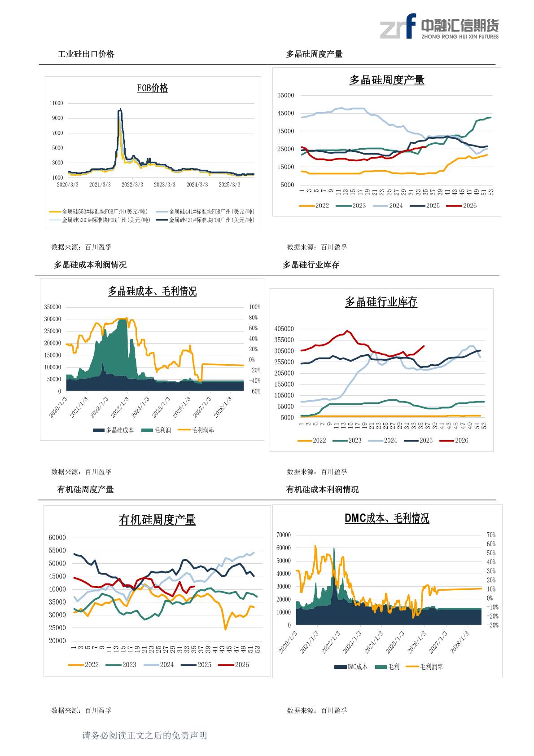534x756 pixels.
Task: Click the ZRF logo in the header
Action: tap(398, 27)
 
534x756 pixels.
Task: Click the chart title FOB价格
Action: tap(153, 88)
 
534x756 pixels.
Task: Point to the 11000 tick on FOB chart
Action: tap(56, 103)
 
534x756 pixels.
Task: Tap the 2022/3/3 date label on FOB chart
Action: tap(132, 185)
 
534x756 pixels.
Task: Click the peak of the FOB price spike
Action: tap(120, 109)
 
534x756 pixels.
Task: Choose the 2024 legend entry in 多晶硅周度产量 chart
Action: tap(388, 206)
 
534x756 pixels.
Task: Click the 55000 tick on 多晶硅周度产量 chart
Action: tap(285, 96)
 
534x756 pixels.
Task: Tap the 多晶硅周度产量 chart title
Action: tap(387, 80)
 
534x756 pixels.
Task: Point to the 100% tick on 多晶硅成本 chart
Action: tap(255, 307)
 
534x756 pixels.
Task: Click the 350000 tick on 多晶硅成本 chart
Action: tap(53, 307)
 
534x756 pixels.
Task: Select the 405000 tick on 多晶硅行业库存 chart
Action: tap(284, 329)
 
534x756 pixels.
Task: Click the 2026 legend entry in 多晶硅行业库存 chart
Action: tap(454, 440)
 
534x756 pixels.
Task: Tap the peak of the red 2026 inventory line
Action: tap(348, 331)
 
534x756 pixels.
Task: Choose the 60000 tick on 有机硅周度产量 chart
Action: tap(57, 538)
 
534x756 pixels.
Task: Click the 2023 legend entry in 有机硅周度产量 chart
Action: tap(121, 664)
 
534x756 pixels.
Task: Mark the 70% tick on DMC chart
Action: tap(491, 535)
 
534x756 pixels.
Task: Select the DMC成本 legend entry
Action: tap(351, 667)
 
